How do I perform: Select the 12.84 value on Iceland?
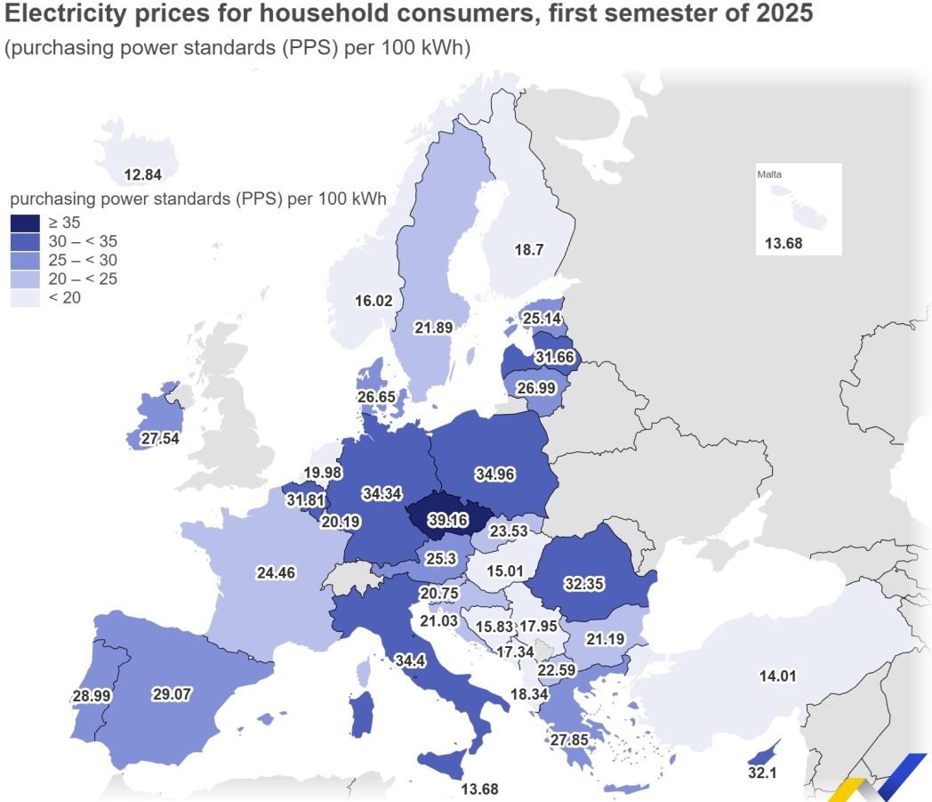142,174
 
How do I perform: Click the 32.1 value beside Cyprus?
762,774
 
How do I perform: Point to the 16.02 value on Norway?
373,301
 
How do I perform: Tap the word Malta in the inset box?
769,174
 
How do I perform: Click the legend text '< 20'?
65,297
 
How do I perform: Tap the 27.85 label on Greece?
569,740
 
